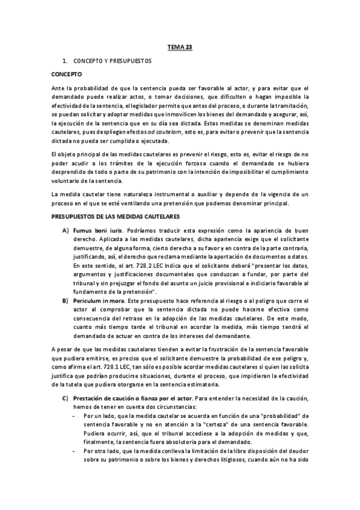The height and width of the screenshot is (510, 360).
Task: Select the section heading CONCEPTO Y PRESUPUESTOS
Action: [x=112, y=61]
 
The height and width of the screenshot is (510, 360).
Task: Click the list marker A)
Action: [x=65, y=231]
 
